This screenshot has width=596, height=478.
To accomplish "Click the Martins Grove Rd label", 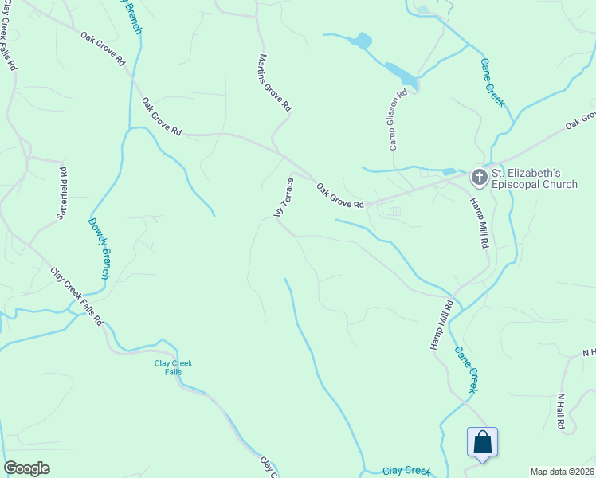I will point(275,83).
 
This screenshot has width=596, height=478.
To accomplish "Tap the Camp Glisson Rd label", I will point(398,119).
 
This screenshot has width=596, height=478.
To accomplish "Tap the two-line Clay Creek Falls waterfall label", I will point(174,368).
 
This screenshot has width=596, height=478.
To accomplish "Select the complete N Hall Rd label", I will point(561,413).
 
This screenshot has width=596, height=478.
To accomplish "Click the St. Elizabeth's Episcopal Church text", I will point(534,179).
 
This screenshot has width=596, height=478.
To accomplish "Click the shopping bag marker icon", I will point(482,442).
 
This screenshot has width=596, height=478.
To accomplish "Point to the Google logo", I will point(26,468).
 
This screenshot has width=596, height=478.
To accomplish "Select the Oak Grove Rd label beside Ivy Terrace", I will point(340,196).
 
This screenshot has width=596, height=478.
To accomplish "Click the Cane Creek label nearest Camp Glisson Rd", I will point(492,83).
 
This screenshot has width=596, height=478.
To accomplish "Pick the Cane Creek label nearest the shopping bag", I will point(466,369).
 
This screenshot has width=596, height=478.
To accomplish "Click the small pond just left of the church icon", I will point(449,171).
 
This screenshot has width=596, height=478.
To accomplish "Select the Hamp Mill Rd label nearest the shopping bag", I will point(441,325).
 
